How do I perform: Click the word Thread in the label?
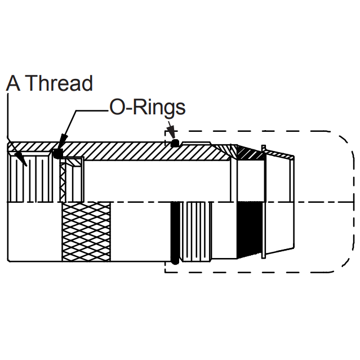click(x=59, y=83)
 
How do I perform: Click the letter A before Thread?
click(x=13, y=83)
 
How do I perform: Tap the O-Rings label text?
click(x=148, y=107)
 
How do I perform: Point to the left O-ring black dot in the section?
click(x=58, y=153)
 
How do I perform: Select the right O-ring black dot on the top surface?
click(x=175, y=143)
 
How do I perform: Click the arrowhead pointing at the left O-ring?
click(x=63, y=141)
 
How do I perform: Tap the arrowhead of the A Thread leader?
click(x=22, y=159)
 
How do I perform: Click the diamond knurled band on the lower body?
click(x=86, y=232)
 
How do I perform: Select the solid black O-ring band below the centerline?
click(x=175, y=233)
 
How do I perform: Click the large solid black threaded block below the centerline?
click(x=250, y=230)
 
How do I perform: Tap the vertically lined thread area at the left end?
click(x=30, y=177)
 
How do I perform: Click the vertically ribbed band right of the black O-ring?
click(x=196, y=232)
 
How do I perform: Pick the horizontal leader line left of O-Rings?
click(x=92, y=110)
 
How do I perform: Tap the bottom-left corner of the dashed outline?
click(x=165, y=272)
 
